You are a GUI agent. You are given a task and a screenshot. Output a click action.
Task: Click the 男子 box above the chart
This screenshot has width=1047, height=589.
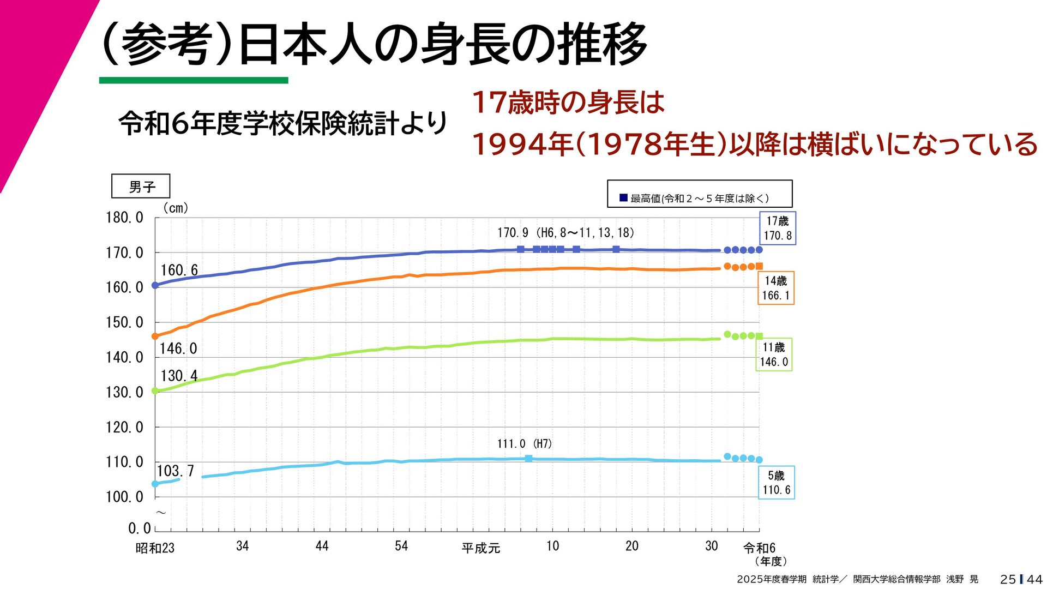[x=141, y=187]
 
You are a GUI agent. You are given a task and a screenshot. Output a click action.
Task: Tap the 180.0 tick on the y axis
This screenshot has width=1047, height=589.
[x=124, y=218]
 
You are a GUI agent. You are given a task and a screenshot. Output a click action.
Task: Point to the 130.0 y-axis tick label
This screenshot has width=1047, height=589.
[x=124, y=392]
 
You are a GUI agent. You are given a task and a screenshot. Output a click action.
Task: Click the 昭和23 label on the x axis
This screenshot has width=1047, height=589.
[x=155, y=548]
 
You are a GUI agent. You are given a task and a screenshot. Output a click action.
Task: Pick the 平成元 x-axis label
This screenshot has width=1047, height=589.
[x=480, y=548]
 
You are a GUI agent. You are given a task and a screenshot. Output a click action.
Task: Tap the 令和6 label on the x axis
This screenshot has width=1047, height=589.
[x=759, y=548]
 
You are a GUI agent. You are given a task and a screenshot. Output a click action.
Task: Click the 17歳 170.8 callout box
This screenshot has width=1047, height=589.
[x=778, y=228]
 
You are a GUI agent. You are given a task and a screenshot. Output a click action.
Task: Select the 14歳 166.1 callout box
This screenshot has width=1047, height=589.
[x=775, y=288]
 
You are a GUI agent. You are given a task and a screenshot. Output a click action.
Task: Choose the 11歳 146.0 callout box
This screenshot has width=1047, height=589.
[x=773, y=354]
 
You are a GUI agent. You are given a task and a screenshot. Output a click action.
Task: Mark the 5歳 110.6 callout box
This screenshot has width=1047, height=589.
[x=776, y=483]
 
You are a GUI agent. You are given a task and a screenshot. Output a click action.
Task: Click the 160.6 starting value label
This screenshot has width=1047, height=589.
[x=179, y=270]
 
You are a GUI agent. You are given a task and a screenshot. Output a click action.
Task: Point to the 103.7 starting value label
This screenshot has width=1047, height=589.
[x=175, y=471]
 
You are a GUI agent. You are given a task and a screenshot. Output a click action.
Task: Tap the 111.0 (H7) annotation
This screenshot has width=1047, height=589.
[x=524, y=444]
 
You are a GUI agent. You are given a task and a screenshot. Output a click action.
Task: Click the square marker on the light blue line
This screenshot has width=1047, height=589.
[x=528, y=459]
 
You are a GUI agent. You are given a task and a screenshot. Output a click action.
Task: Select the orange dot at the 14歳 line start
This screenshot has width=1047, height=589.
[x=155, y=336]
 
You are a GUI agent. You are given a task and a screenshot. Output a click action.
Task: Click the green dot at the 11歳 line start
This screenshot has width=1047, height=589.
[x=155, y=390]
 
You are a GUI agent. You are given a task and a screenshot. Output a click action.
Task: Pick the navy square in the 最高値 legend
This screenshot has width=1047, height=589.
[x=623, y=198]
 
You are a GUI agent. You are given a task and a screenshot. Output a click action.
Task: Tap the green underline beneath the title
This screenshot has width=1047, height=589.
[x=194, y=80]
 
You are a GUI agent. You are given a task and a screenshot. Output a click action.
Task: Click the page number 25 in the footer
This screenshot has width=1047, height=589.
[x=1008, y=579]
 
